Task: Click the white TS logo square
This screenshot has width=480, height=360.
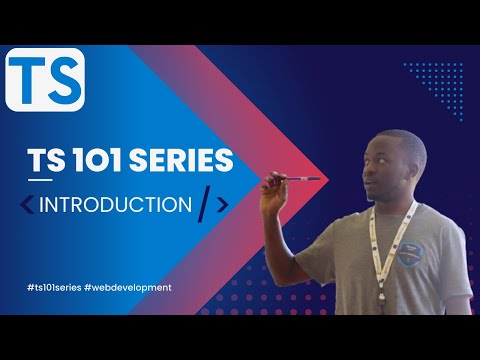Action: tap(44, 81)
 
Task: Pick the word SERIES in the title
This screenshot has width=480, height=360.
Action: tap(183, 160)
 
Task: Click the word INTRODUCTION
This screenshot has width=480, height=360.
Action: tap(116, 204)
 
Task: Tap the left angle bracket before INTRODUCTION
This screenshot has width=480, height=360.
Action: tap(27, 205)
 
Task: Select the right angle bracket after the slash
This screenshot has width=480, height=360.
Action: tap(222, 205)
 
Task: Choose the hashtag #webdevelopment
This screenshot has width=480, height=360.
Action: tap(131, 287)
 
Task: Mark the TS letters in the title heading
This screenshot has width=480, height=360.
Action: tap(45, 160)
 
